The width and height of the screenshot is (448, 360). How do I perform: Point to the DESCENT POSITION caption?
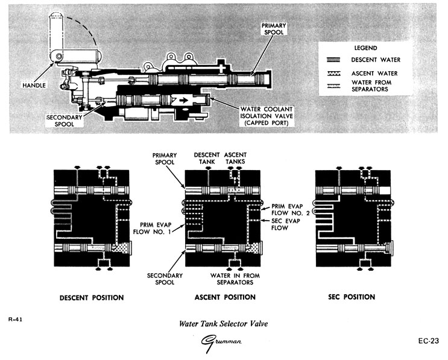[92, 297]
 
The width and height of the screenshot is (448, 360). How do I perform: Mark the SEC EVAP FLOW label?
[281, 225]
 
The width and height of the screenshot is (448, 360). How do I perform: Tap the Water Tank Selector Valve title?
[223, 323]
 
